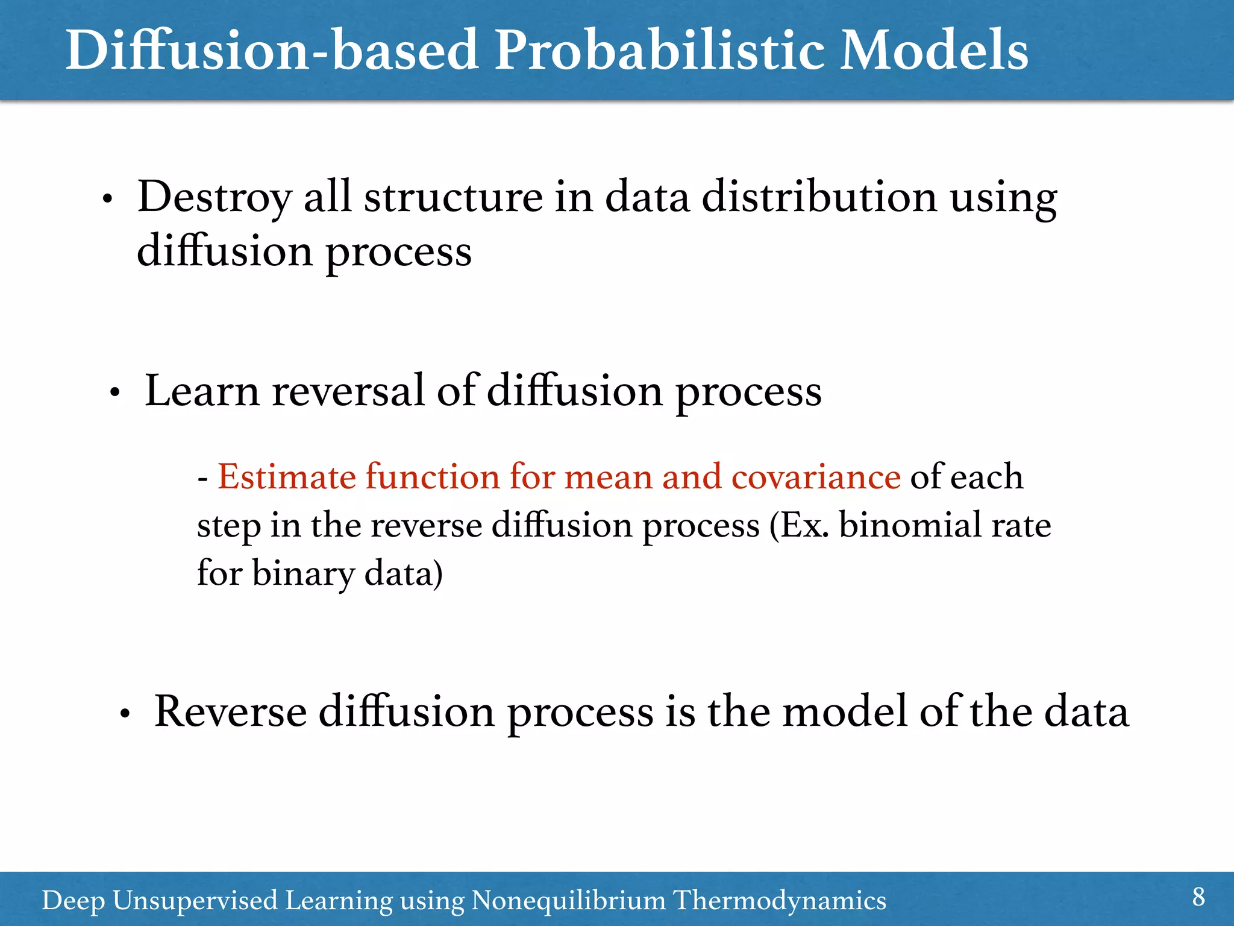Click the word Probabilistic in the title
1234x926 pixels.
pos(661,51)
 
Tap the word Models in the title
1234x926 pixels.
pos(934,51)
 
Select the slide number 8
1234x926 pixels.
pos(1198,897)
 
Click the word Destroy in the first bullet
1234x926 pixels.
pos(214,198)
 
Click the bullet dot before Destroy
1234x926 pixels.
pos(107,200)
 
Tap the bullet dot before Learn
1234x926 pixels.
pos(114,394)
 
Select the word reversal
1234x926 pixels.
pos(348,392)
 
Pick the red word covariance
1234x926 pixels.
pos(816,477)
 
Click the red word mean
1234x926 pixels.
pos(608,477)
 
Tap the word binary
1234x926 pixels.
pos(303,573)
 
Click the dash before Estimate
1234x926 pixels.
pos(203,479)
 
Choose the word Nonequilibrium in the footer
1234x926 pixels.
pos(568,901)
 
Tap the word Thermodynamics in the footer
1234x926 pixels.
pos(780,901)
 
